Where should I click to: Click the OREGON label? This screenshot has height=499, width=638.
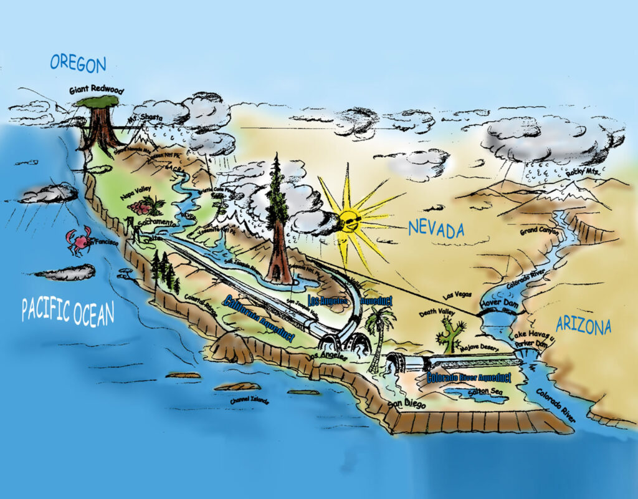(78, 62)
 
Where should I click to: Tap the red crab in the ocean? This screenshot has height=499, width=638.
(79, 241)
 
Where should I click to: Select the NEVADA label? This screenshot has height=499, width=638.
(436, 229)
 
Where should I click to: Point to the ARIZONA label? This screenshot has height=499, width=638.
(583, 325)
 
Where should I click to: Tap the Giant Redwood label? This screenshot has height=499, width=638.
(97, 90)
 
